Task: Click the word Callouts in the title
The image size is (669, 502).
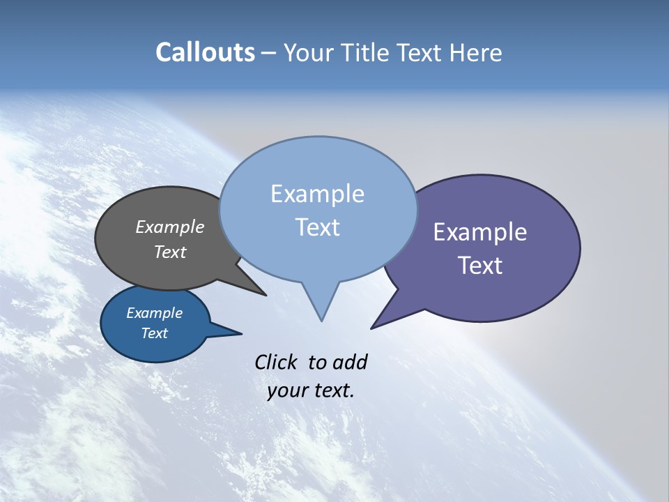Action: [205, 52]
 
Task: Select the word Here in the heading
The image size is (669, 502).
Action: [476, 52]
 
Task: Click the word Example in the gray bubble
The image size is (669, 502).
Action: [169, 227]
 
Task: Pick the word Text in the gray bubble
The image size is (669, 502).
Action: [169, 252]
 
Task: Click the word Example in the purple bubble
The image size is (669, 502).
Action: [479, 232]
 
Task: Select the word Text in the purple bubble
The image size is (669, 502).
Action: [479, 266]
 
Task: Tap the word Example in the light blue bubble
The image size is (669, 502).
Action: [317, 194]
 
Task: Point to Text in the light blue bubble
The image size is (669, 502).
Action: [317, 227]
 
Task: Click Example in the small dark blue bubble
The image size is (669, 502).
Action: [154, 313]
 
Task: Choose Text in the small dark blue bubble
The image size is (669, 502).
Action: [154, 333]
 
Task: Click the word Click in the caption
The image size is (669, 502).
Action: [276, 362]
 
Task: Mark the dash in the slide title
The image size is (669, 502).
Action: [270, 53]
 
